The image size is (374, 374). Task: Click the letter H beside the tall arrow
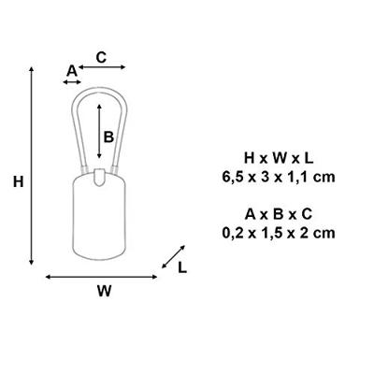coord(19,182)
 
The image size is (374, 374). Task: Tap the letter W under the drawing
coord(104,291)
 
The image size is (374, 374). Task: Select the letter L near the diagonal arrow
coord(182,267)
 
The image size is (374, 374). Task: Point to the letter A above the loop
coord(72,71)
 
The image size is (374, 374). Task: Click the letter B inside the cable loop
coord(108,137)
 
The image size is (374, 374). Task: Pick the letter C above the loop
coord(101,57)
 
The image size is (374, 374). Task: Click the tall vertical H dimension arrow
coord(31,165)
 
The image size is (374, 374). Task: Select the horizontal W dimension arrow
coord(101,277)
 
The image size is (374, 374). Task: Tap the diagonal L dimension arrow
coord(173,257)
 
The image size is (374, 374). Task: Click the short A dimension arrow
coord(72,82)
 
